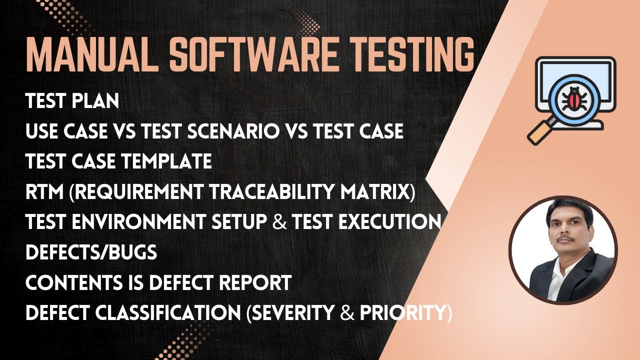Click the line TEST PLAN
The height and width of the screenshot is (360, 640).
point(72,101)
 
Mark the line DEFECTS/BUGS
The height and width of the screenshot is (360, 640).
point(91,253)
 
